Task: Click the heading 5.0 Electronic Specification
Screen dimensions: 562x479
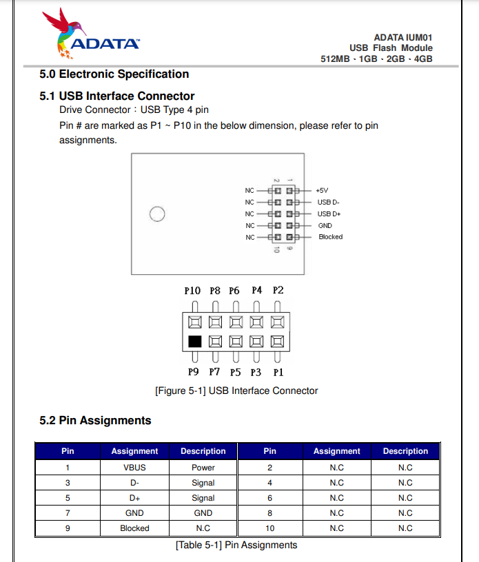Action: point(114,74)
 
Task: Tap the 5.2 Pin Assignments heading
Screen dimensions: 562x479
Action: point(95,420)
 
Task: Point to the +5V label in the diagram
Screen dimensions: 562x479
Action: point(322,190)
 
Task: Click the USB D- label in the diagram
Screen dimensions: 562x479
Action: point(328,202)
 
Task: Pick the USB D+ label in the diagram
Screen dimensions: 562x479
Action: point(329,214)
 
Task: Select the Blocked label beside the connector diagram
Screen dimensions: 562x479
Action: point(330,237)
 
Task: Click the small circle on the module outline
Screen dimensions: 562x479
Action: point(157,214)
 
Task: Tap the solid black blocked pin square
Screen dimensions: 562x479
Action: point(194,341)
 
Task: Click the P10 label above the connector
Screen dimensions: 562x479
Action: point(192,291)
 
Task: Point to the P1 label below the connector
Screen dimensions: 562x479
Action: point(278,373)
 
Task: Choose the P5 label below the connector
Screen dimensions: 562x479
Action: point(236,373)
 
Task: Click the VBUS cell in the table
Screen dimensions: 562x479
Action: point(134,468)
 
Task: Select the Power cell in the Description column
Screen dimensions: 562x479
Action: point(203,468)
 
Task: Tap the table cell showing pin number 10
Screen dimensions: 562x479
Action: point(269,528)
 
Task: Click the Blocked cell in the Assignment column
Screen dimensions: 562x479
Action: point(134,528)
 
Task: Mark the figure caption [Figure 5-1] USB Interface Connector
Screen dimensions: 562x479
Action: point(236,391)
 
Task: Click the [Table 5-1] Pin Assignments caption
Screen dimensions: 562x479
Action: point(236,545)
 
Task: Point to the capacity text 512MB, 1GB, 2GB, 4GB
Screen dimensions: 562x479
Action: point(376,59)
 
